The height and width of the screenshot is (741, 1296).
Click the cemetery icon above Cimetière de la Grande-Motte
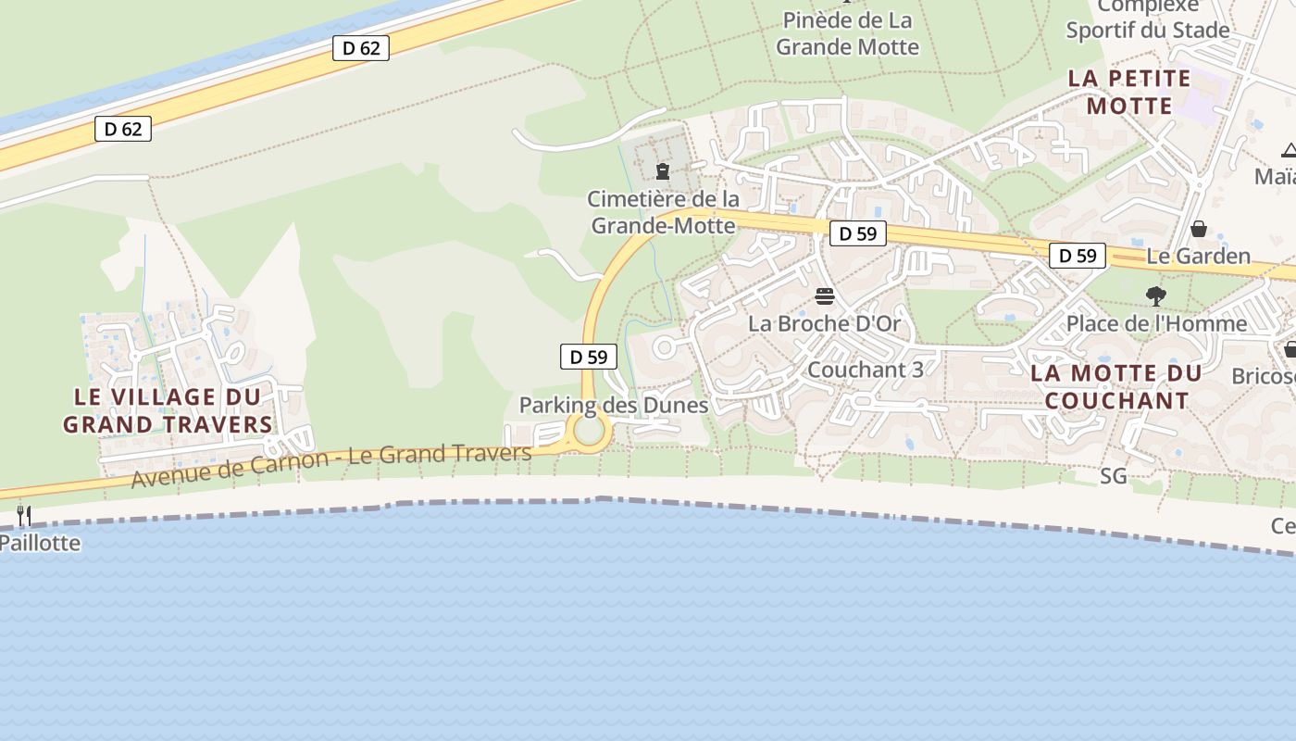point(663,171)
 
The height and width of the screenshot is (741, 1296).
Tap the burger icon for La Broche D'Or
point(825,296)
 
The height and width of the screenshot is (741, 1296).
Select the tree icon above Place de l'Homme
point(1155,296)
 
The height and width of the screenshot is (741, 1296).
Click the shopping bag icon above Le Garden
point(1199,229)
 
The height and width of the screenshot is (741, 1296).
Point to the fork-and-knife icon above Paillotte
point(24,516)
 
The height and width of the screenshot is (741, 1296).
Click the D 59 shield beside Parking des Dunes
point(589,357)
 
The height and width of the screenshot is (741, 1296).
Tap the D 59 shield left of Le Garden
point(1078,256)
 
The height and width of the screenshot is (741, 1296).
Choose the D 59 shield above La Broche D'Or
point(858,233)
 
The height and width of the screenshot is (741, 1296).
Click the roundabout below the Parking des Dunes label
point(589,431)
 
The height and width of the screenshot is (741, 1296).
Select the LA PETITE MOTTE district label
point(1129,92)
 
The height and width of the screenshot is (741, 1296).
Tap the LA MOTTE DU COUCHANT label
point(1116,387)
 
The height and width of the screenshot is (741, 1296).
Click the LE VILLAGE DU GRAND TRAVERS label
point(168,410)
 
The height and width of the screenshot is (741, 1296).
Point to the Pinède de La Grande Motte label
point(847,33)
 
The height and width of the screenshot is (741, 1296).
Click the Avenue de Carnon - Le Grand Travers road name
point(331,466)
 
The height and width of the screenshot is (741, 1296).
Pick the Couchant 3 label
point(866,370)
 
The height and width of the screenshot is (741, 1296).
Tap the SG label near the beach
point(1114,476)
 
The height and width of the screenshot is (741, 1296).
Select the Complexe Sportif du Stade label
point(1148,19)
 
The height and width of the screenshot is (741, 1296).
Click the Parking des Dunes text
point(614,405)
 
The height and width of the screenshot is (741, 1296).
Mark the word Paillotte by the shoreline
point(41,542)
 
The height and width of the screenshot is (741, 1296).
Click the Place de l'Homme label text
point(1156,323)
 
